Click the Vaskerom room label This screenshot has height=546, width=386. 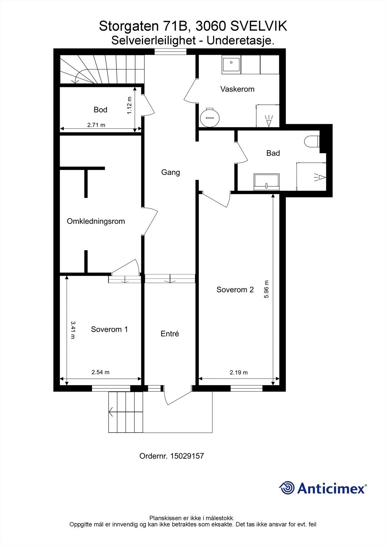237,89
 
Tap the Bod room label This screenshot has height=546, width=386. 100,110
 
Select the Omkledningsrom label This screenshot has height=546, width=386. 96,221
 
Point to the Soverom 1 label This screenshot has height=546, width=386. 109,329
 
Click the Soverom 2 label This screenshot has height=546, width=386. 235,290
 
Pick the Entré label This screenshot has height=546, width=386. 170,334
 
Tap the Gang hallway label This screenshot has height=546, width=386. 171,172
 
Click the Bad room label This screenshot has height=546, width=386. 273,153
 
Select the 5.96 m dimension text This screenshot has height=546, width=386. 267,289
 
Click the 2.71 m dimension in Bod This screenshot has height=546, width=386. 96,125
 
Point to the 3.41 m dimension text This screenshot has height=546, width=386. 73,330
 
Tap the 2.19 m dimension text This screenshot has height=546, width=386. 239,372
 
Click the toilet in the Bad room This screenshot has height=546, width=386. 312,141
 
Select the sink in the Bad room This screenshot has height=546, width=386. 267,182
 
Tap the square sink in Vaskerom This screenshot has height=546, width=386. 231,64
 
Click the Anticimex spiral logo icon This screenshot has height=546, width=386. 287,488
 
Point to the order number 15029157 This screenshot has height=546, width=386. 187,456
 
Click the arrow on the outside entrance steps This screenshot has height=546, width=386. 111,412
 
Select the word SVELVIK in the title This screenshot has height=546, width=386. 259,26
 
